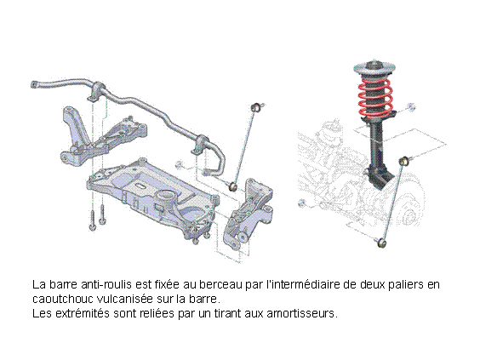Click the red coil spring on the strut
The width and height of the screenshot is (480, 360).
click(376, 98)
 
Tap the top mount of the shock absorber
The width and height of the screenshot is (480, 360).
click(374, 68)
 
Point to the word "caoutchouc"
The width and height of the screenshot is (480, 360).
click(62, 299)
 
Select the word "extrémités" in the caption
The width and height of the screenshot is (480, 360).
click(83, 313)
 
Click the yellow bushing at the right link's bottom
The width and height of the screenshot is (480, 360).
click(381, 243)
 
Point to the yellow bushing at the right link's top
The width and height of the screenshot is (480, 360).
click(404, 160)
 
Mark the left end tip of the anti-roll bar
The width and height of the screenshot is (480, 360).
click(32, 85)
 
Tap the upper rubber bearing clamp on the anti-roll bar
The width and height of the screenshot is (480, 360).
click(97, 90)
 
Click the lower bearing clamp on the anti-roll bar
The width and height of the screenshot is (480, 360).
click(200, 145)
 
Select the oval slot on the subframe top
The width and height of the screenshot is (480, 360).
click(140, 186)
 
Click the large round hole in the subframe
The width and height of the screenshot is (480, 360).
click(166, 195)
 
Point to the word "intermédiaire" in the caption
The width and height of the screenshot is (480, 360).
click(303, 285)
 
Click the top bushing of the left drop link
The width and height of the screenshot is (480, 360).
click(255, 107)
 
